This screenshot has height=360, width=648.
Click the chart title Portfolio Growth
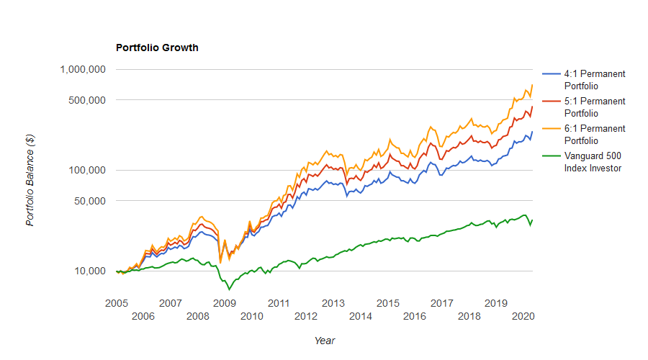pyautogui.click(x=157, y=48)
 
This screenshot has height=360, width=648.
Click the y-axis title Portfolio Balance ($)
pyautogui.click(x=30, y=180)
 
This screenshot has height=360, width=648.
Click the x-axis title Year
pyautogui.click(x=324, y=341)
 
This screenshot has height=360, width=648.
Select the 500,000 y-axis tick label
pyautogui.click(x=87, y=99)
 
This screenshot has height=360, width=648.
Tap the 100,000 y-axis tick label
pyautogui.click(x=87, y=170)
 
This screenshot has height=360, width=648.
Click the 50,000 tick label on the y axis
pyautogui.click(x=90, y=200)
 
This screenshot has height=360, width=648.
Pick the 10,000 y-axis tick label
pyautogui.click(x=90, y=271)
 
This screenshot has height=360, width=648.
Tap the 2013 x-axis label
pyautogui.click(x=333, y=303)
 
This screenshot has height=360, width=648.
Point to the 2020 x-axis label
pyautogui.click(x=523, y=316)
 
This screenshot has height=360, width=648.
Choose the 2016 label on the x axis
pyautogui.click(x=414, y=316)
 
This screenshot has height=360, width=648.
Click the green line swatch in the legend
pyautogui.click(x=552, y=156)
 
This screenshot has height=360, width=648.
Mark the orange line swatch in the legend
pyautogui.click(x=552, y=129)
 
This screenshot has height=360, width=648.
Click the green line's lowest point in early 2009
pyautogui.click(x=229, y=289)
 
